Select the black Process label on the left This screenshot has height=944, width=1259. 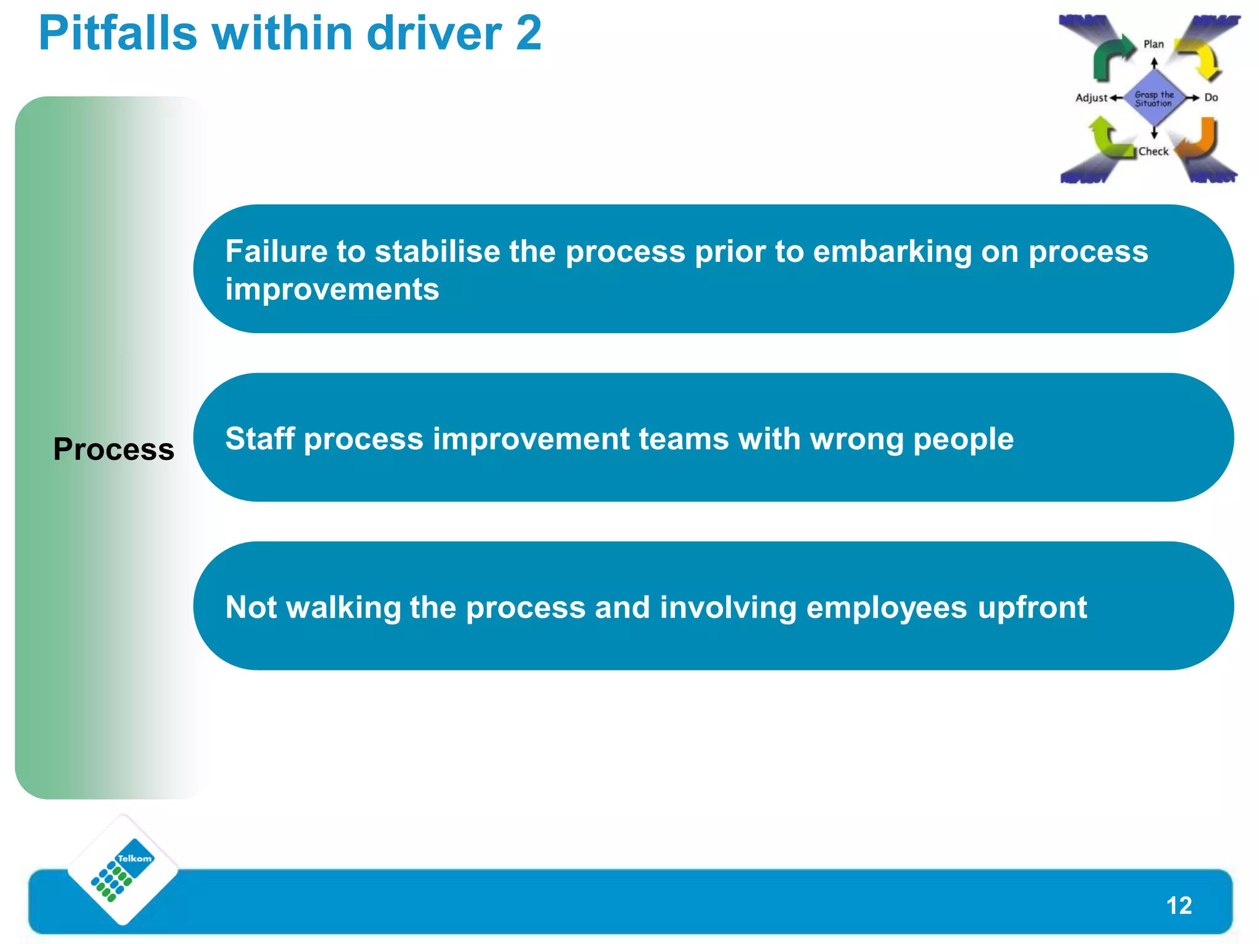(x=114, y=449)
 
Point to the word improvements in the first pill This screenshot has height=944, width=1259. (x=332, y=289)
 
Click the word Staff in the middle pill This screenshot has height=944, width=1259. (x=260, y=439)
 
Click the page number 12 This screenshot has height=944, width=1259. (x=1178, y=905)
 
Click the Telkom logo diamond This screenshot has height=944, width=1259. (x=123, y=870)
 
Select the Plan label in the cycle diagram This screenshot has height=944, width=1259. (x=1153, y=44)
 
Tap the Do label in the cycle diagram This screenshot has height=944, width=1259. (x=1211, y=98)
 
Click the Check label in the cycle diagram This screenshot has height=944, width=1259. (x=1153, y=151)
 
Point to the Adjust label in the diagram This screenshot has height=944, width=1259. (x=1091, y=98)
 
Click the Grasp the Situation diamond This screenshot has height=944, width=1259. (x=1153, y=98)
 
